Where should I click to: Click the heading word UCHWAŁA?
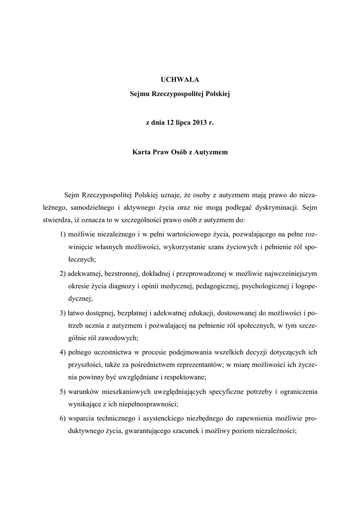coord(180,79)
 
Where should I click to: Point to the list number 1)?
coord(62,234)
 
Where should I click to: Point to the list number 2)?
coord(62,273)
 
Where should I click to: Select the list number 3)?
coord(62,312)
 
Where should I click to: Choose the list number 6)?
coord(62,418)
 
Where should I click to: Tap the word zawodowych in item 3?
coord(121,338)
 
